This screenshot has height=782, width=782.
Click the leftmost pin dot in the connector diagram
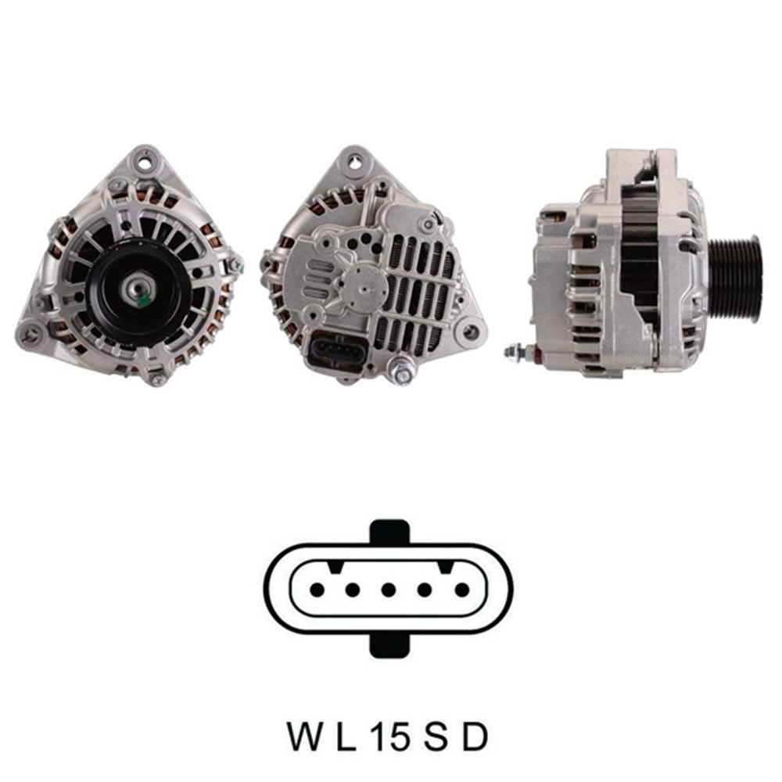point(317,590)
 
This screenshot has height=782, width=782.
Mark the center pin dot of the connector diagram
point(389,590)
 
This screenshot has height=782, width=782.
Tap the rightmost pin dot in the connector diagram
point(461,590)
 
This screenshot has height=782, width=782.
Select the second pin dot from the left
point(353,590)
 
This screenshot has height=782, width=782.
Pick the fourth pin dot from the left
point(425,590)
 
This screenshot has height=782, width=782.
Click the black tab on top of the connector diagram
point(389,533)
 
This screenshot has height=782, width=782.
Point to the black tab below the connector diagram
point(389,645)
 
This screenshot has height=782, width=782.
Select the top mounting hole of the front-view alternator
point(142,162)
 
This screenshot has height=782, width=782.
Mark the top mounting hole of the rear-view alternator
point(357,163)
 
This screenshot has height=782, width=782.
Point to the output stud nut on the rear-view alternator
point(403,375)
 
